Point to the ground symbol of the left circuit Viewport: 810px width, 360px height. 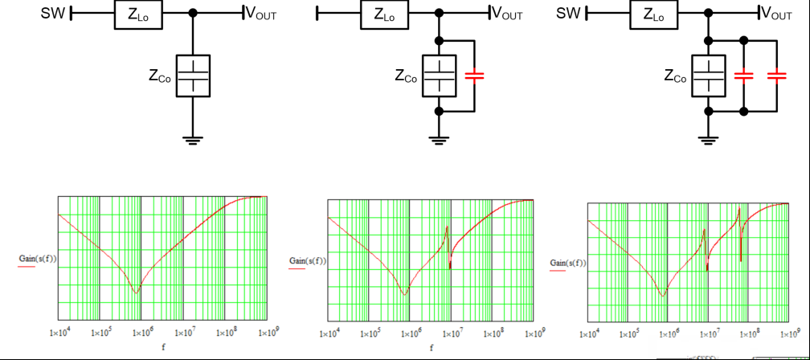coord(193,140)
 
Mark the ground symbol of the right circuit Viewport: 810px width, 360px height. coord(709,140)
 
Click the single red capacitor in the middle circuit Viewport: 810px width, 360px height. coord(474,76)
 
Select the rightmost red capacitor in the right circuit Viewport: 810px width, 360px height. coord(776,76)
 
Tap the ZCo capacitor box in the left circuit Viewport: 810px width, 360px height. coord(193,76)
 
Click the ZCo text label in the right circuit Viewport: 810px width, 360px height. coord(675,76)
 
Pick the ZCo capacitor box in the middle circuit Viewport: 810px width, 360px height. coord(439,76)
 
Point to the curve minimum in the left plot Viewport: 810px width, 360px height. coord(137,292)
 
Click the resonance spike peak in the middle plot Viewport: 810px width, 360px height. coord(447,227)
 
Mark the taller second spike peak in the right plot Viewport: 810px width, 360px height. coord(739,207)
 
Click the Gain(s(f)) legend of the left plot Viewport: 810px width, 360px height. coord(37,258)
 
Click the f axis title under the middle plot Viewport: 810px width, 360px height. coord(432,348)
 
